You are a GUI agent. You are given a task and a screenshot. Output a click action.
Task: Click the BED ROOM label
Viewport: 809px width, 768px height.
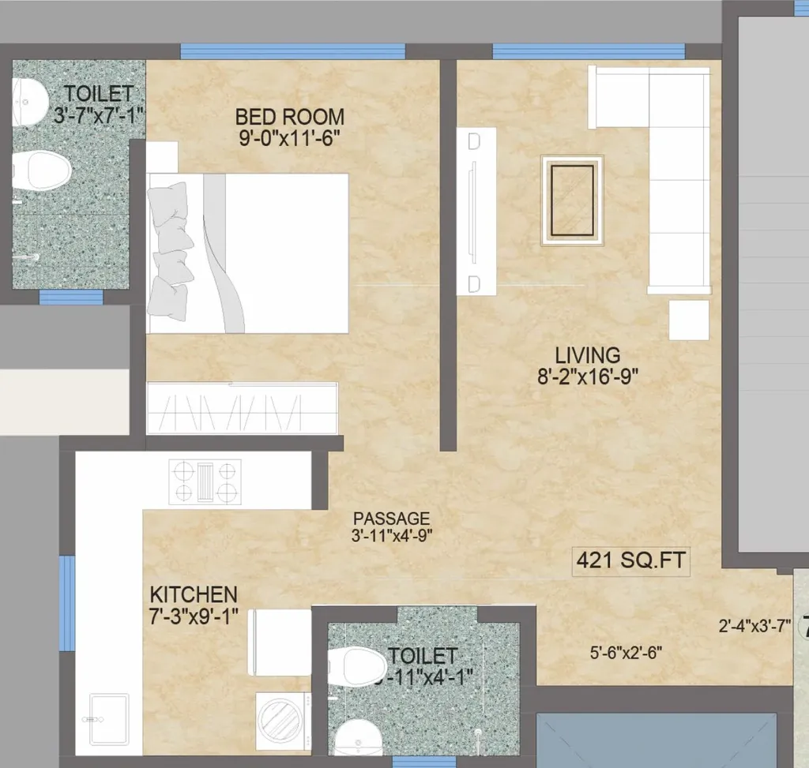click(289, 117)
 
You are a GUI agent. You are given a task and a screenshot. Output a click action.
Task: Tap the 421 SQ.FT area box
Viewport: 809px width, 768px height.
click(630, 561)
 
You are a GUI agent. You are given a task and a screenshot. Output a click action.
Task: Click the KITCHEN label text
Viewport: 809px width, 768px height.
click(194, 594)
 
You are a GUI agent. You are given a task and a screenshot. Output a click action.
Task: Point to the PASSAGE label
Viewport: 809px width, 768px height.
click(391, 519)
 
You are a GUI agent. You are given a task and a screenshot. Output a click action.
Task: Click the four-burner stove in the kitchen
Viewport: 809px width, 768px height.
click(205, 481)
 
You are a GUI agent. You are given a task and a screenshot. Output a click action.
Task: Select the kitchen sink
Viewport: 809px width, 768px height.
click(108, 718)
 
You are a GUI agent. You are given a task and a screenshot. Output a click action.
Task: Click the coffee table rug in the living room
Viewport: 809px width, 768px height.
click(572, 200)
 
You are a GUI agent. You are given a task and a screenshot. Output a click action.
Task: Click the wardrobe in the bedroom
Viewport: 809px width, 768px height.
click(243, 408)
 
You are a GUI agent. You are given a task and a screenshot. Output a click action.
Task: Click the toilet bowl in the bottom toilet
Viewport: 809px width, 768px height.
click(356, 665)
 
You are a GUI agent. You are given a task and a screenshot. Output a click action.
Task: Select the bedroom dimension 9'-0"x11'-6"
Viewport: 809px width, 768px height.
click(289, 139)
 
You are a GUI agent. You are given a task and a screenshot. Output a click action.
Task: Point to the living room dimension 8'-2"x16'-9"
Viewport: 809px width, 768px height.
click(587, 377)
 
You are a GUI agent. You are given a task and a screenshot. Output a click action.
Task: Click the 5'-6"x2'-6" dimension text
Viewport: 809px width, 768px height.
click(626, 653)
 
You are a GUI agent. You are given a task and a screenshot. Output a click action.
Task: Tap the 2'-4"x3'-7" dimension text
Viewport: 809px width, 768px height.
click(754, 628)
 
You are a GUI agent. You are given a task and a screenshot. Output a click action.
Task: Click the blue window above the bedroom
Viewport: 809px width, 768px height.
click(292, 51)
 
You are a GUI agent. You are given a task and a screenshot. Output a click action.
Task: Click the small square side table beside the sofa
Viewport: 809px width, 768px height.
click(689, 320)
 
